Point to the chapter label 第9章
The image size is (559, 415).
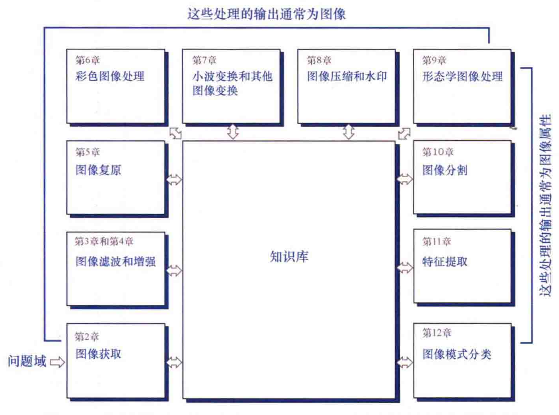point(434,61)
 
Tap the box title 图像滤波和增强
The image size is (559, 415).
point(116,262)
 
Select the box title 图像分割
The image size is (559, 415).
point(445,170)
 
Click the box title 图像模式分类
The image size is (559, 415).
point(456,354)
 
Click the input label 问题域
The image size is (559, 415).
point(27,361)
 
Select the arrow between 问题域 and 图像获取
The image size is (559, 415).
point(57,362)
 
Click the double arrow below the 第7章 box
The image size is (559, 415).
point(232,132)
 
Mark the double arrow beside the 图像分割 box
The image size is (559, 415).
point(404,179)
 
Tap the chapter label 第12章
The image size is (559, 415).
point(437,333)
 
